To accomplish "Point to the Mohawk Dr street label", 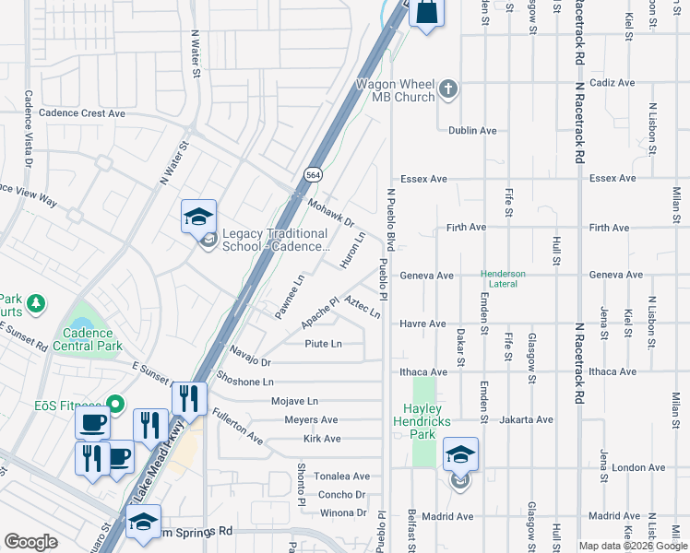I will click(331, 214).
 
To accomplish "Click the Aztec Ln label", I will click(363, 307).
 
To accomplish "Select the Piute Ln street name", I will click(324, 344).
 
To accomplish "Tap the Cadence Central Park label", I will click(89, 339).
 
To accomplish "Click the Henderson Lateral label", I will click(503, 279).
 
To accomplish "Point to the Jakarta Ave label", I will click(526, 419).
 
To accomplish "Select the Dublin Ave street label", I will click(472, 131).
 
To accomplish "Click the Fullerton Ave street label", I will click(238, 428).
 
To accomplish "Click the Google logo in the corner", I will click(31, 542).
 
